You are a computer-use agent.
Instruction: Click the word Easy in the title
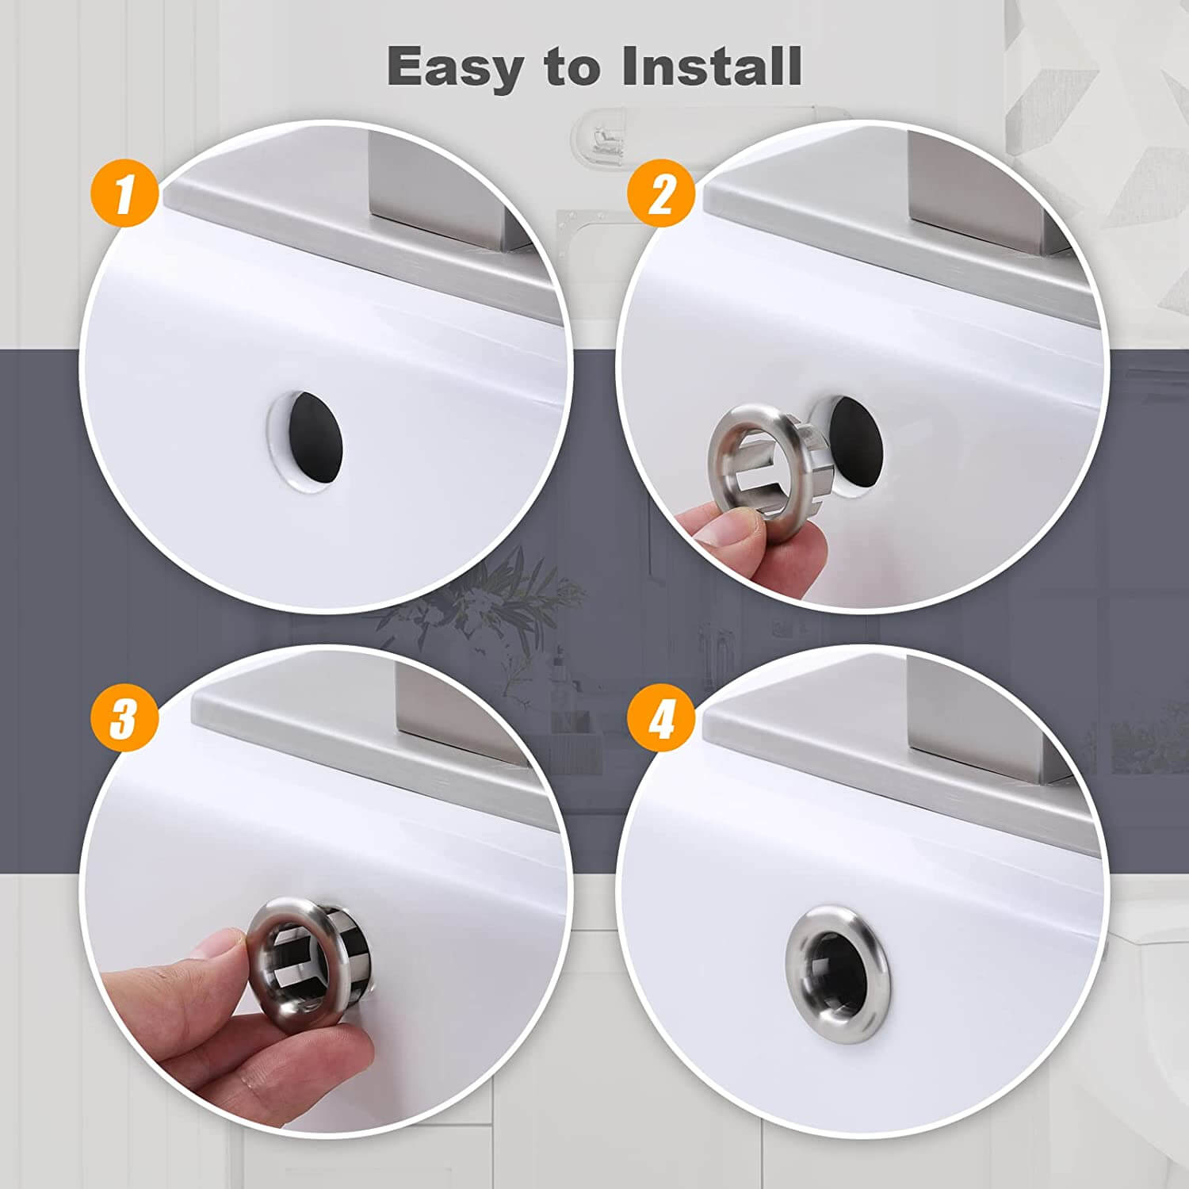pos(452,67)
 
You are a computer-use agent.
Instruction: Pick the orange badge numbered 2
pos(661,193)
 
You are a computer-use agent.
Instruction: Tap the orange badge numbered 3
pos(124,719)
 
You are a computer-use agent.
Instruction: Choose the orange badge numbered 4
pos(661,720)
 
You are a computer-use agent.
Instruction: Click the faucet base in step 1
pos(444,190)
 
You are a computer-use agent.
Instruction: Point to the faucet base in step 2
pos(983,190)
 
